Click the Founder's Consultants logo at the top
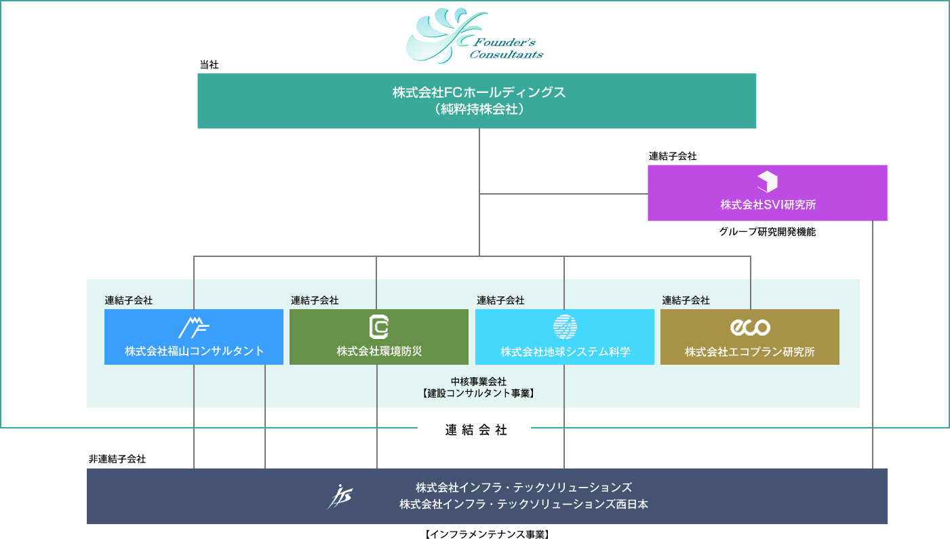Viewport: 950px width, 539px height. [x=474, y=35]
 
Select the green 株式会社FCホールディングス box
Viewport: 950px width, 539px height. [x=476, y=100]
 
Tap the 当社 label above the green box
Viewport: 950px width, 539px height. [x=208, y=64]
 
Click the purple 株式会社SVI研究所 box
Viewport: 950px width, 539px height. [x=767, y=193]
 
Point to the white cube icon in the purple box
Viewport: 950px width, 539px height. [x=767, y=182]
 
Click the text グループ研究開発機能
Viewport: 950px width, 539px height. [x=767, y=231]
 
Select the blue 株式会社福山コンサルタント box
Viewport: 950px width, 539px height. [x=193, y=337]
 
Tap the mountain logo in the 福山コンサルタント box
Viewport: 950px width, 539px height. [x=193, y=327]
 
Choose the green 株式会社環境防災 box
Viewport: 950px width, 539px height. [x=378, y=337]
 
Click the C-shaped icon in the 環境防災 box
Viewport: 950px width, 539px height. [x=378, y=327]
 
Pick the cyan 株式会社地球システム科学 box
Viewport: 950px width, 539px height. [x=564, y=337]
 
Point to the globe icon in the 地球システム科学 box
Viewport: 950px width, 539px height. [x=564, y=327]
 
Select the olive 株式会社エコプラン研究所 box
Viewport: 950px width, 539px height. [x=749, y=337]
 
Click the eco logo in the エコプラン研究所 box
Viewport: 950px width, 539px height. [x=749, y=327]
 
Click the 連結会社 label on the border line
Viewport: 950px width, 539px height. [x=476, y=429]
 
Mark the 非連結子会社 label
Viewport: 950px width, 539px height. [x=117, y=459]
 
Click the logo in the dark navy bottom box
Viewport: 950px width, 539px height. [x=339, y=497]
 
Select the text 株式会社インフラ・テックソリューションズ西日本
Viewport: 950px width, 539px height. [x=523, y=504]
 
